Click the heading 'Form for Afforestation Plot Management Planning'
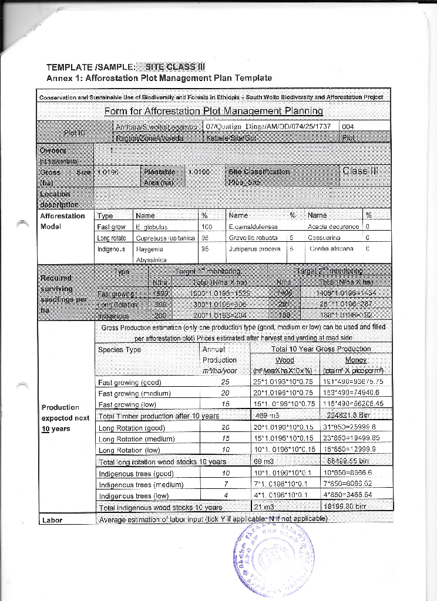(x=214, y=111)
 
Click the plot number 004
(x=348, y=126)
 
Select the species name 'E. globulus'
(x=152, y=227)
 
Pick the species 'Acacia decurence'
(x=333, y=227)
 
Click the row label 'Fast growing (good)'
(x=130, y=383)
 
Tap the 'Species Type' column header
(x=120, y=349)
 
